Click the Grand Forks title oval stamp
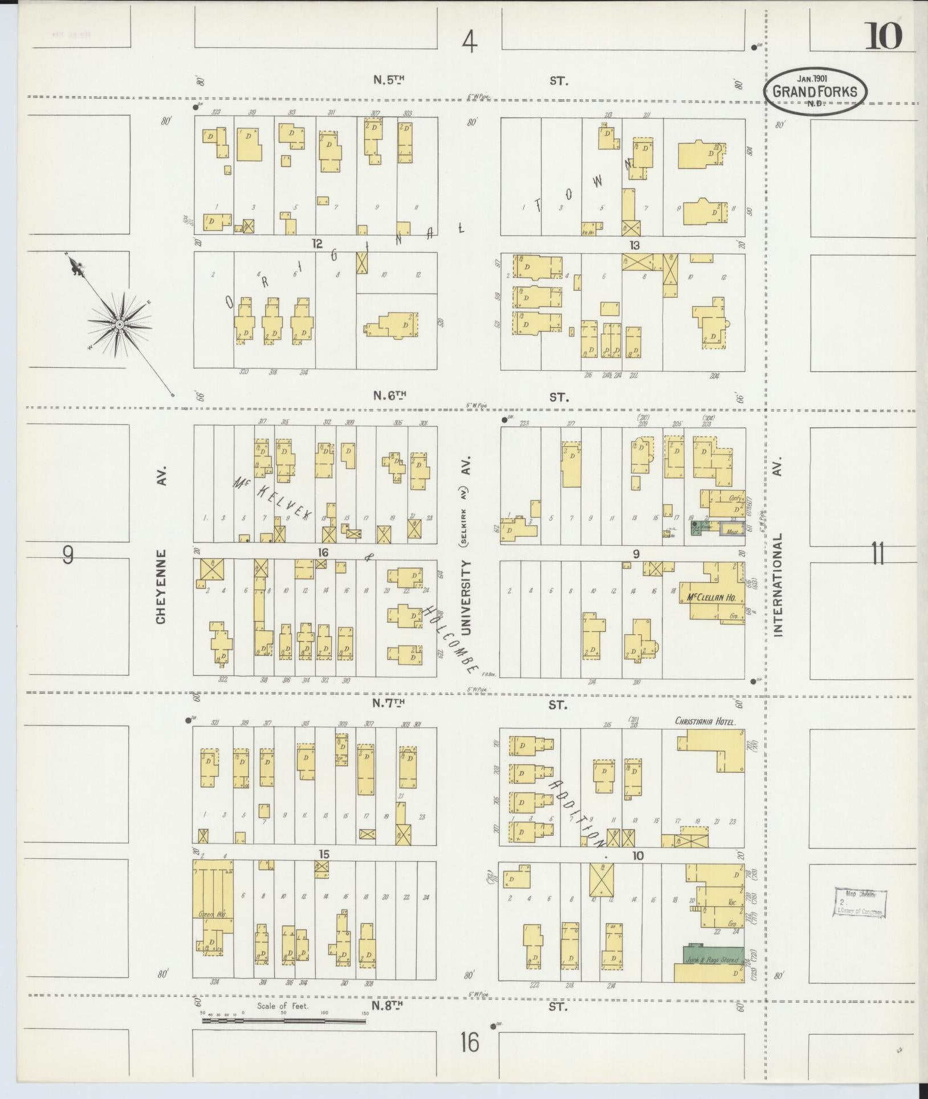pos(815,90)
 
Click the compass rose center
pos(120,325)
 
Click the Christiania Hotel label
pos(706,721)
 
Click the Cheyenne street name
pos(161,586)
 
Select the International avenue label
pos(779,585)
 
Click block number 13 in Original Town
pos(635,245)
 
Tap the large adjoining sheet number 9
pos(68,554)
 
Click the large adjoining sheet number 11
pos(878,553)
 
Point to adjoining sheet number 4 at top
pos(469,42)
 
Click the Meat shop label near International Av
pos(732,532)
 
